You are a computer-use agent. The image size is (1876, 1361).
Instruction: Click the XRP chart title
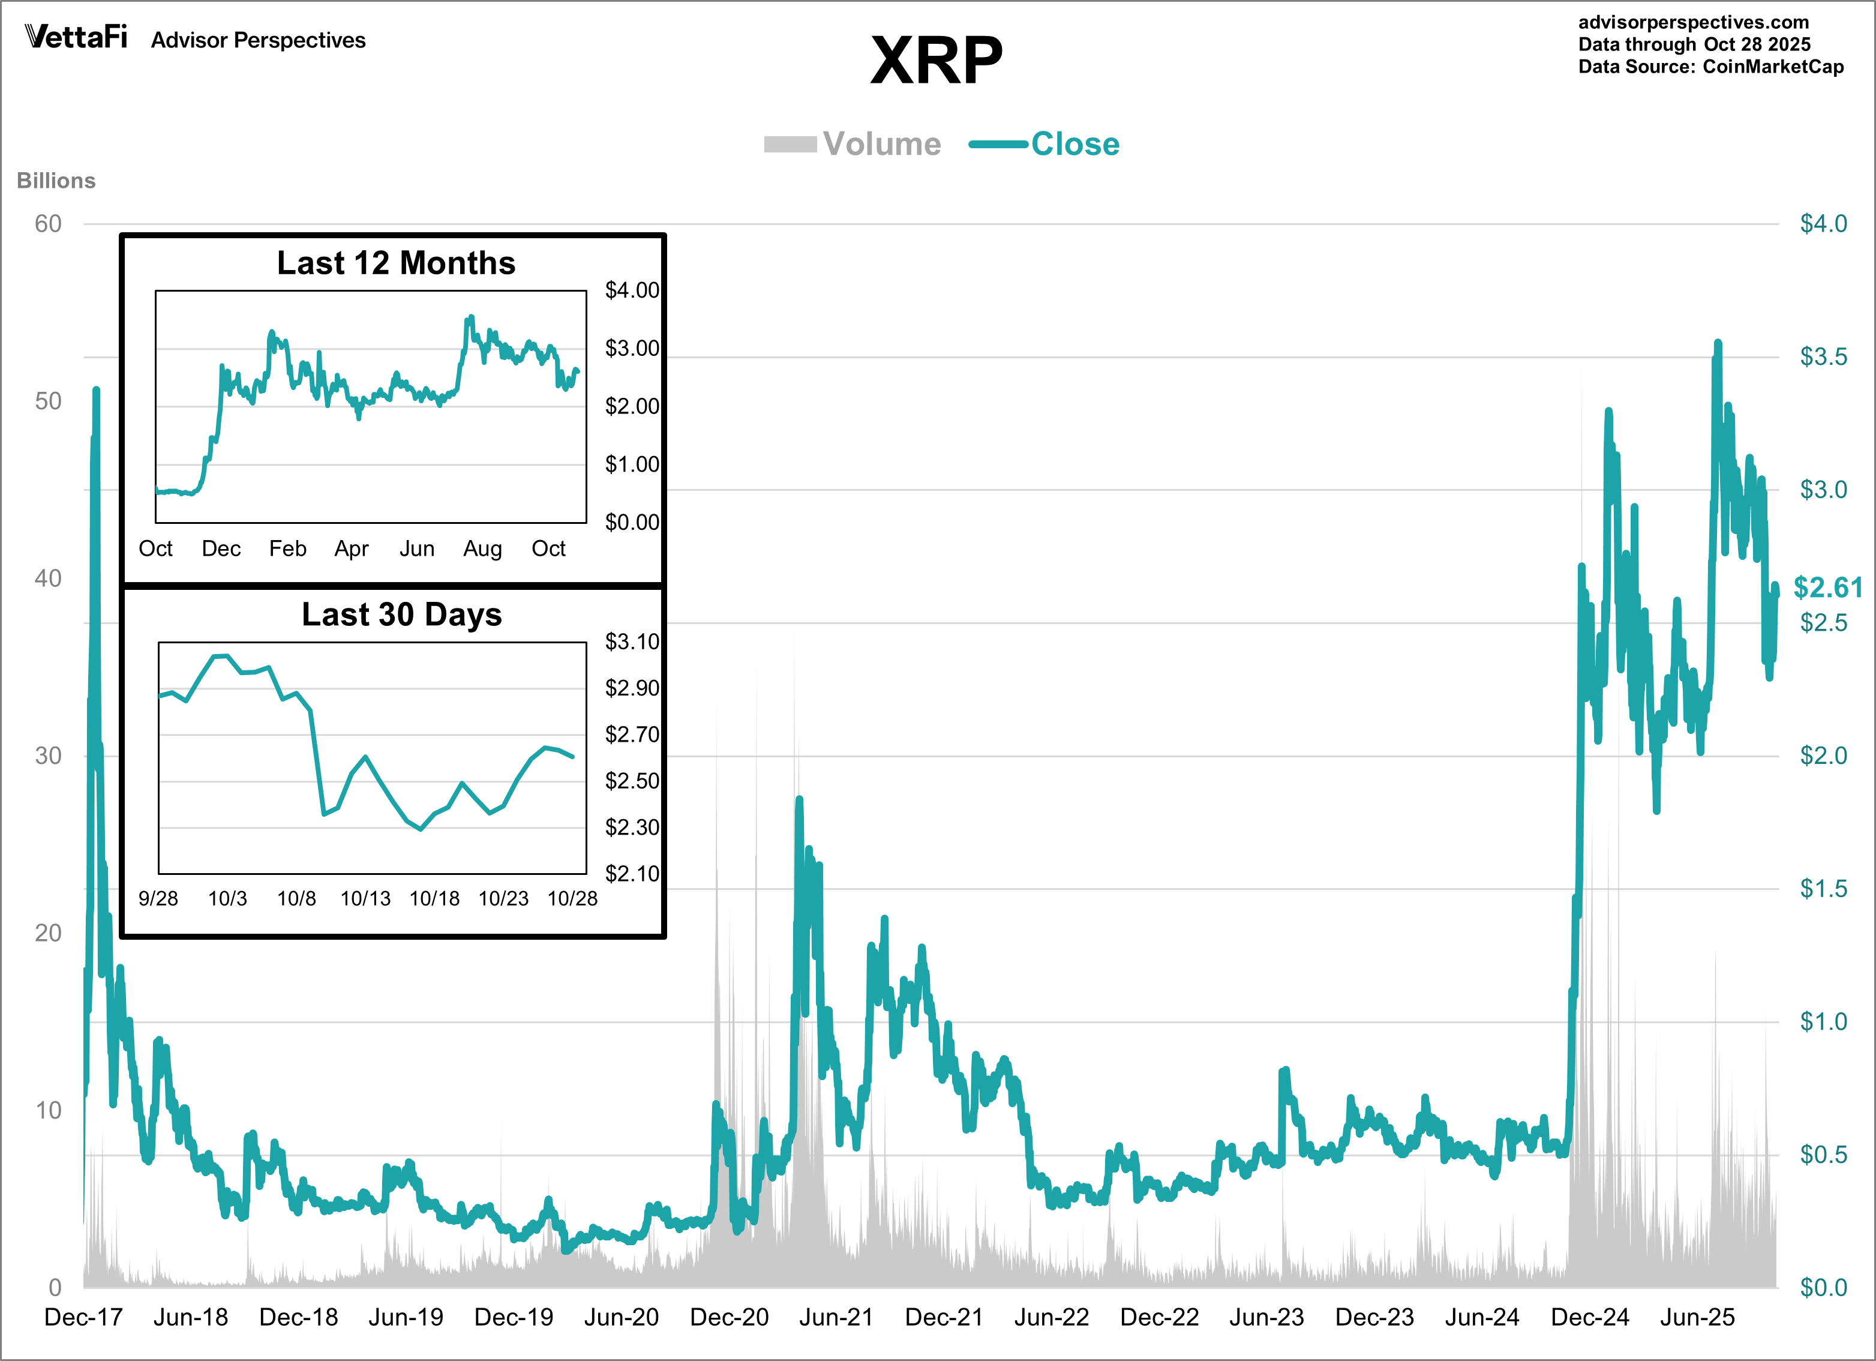coord(937,61)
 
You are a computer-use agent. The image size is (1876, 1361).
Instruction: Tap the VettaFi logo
coord(76,37)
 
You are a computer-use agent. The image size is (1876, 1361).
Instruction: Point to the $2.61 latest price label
coord(1827,587)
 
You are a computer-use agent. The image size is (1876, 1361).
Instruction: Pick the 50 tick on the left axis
coord(48,401)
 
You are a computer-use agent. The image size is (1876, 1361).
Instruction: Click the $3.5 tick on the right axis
coord(1823,356)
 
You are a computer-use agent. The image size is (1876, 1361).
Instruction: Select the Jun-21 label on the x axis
coord(836,1317)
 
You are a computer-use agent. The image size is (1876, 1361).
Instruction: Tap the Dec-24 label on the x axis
coord(1589,1317)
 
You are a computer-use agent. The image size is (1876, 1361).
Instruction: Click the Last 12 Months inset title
coord(395,263)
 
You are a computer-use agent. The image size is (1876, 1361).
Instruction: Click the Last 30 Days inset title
coord(401,614)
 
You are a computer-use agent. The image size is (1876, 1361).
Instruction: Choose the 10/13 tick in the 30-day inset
coord(365,898)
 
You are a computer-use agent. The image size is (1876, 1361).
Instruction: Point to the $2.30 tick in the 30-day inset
coord(632,828)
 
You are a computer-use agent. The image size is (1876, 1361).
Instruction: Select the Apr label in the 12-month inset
coord(352,548)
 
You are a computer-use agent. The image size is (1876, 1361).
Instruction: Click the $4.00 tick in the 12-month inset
coord(632,290)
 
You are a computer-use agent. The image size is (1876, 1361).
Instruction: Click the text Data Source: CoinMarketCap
coord(1710,67)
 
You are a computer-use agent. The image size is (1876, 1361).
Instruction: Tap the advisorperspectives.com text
coord(1693,22)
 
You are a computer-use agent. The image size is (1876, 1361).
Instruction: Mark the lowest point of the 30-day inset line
coord(421,829)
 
